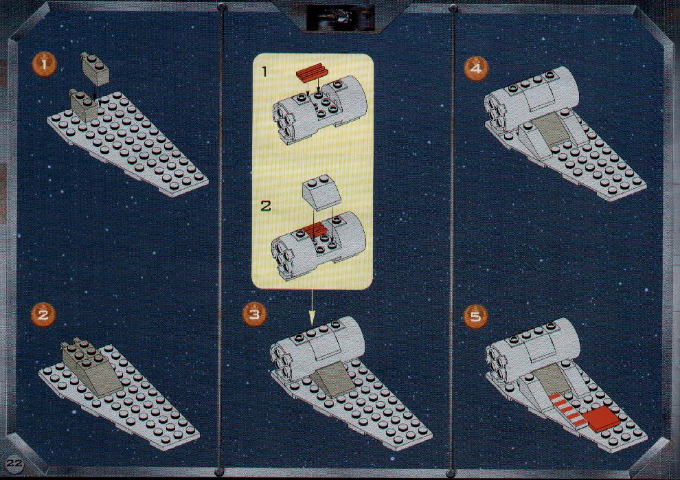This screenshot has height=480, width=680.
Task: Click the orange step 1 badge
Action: coord(43,65)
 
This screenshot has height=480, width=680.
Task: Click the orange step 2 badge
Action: coord(43,314)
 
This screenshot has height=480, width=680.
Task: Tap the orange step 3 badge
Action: coord(254,314)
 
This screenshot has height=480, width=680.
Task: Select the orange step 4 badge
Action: coord(476,69)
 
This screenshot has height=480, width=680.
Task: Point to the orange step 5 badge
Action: coord(476,316)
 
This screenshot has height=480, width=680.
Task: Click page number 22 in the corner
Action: coord(14,463)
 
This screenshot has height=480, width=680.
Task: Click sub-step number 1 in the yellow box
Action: coord(265,72)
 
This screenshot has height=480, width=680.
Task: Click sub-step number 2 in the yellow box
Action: coord(265,205)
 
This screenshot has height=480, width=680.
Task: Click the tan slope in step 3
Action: coord(335,378)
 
